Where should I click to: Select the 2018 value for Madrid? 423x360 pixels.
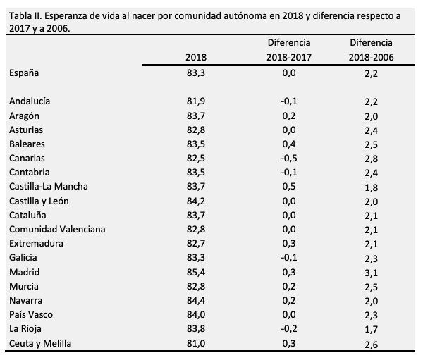[x=195, y=272]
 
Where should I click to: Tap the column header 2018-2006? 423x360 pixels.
[x=371, y=57]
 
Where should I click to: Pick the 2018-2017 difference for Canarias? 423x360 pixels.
[x=289, y=158]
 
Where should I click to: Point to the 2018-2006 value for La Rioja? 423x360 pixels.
[x=372, y=330]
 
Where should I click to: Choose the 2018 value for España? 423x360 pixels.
[x=195, y=73]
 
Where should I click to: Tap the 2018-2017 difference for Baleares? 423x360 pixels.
[x=289, y=144]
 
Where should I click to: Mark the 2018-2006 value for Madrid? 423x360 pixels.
[x=372, y=273]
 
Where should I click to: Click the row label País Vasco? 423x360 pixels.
[x=31, y=315]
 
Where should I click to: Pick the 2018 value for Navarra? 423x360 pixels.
[x=195, y=301]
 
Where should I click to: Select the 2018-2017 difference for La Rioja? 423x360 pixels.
[x=289, y=329]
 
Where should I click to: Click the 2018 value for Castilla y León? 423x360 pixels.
[x=195, y=201]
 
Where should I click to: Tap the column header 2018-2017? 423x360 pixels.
[x=289, y=57]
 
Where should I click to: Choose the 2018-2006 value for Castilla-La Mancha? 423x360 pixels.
[x=372, y=187]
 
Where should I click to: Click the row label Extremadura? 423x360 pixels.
[x=36, y=243]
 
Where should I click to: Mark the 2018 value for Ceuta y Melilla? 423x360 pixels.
[x=195, y=343]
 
